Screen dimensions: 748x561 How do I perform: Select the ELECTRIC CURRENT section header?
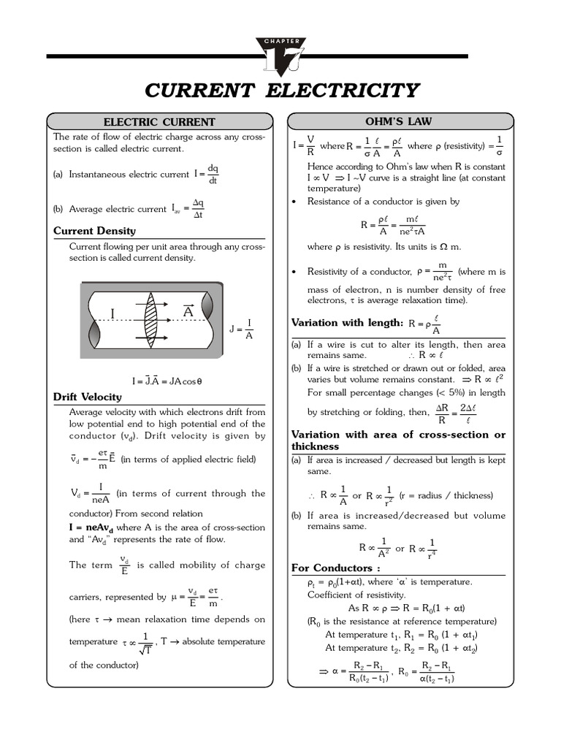pos(159,122)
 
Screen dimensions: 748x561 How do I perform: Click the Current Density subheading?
pos(94,231)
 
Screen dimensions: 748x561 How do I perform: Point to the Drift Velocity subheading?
pos(88,397)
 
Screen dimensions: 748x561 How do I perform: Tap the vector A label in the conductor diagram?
pos(188,311)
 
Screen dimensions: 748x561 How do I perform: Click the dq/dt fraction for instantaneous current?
pos(213,175)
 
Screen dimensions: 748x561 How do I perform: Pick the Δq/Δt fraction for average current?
pos(197,209)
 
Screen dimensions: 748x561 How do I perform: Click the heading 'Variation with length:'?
pos(347,323)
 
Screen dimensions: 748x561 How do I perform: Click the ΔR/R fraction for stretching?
pos(441,413)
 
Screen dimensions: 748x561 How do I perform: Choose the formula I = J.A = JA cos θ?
pos(167,381)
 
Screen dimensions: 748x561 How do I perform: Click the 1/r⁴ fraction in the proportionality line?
pos(432,548)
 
